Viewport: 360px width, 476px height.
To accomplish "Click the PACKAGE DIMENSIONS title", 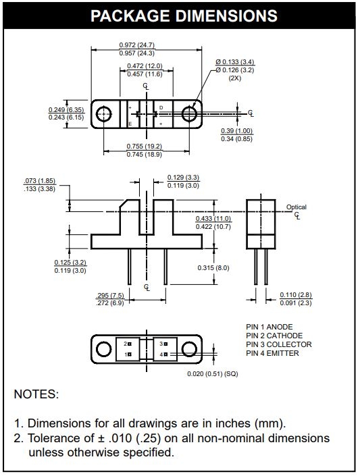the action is pos(184,16).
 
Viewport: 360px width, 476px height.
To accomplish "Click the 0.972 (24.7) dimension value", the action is pos(136,45).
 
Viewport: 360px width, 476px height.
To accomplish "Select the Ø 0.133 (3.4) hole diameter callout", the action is pos(235,62).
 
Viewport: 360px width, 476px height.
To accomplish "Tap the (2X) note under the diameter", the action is pos(235,78).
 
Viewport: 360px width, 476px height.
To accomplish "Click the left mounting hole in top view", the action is pos(104,114).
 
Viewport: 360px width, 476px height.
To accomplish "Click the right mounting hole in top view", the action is pos(189,114).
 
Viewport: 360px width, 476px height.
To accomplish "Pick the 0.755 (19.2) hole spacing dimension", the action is pos(145,147).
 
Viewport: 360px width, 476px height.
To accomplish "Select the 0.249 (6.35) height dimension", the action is pos(66,109).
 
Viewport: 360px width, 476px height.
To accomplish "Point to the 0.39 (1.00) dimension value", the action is pos(236,131).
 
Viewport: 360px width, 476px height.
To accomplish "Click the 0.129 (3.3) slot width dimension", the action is pos(183,178).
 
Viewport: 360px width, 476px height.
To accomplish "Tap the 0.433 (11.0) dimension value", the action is pos(213,219).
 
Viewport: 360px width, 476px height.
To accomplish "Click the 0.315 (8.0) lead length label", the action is pos(213,268).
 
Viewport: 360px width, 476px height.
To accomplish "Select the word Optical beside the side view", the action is pos(297,207).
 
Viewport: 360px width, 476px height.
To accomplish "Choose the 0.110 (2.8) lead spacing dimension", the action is pos(296,295).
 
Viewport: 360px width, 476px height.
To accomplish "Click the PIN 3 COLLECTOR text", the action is pos(279,344).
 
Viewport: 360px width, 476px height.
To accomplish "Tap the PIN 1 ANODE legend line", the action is pos(269,327).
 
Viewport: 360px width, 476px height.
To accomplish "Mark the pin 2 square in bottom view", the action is pos(130,344).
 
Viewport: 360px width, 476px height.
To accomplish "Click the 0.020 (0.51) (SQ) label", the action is pos(213,373).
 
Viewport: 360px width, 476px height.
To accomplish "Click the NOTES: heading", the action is pos(36,394).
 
